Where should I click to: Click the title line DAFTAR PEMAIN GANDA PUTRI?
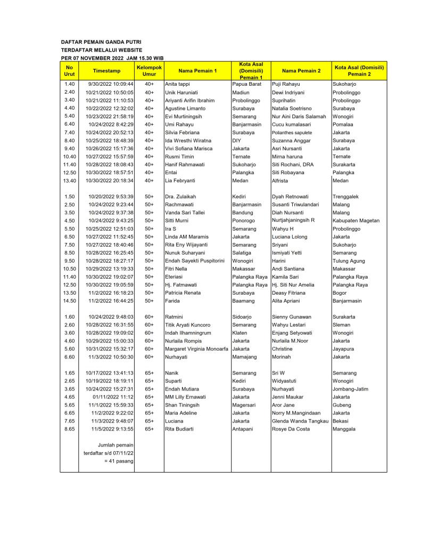[x=101, y=42]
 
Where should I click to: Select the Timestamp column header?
[x=106, y=71]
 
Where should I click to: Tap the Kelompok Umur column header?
[x=149, y=71]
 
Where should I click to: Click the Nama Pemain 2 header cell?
[x=301, y=71]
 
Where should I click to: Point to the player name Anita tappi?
[x=177, y=84]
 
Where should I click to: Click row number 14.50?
[x=69, y=300]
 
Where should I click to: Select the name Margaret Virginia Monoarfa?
[x=196, y=349]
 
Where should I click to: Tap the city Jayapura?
[x=343, y=349]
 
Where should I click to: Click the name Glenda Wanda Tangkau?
[x=300, y=421]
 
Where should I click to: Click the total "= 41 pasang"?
[x=119, y=461]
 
